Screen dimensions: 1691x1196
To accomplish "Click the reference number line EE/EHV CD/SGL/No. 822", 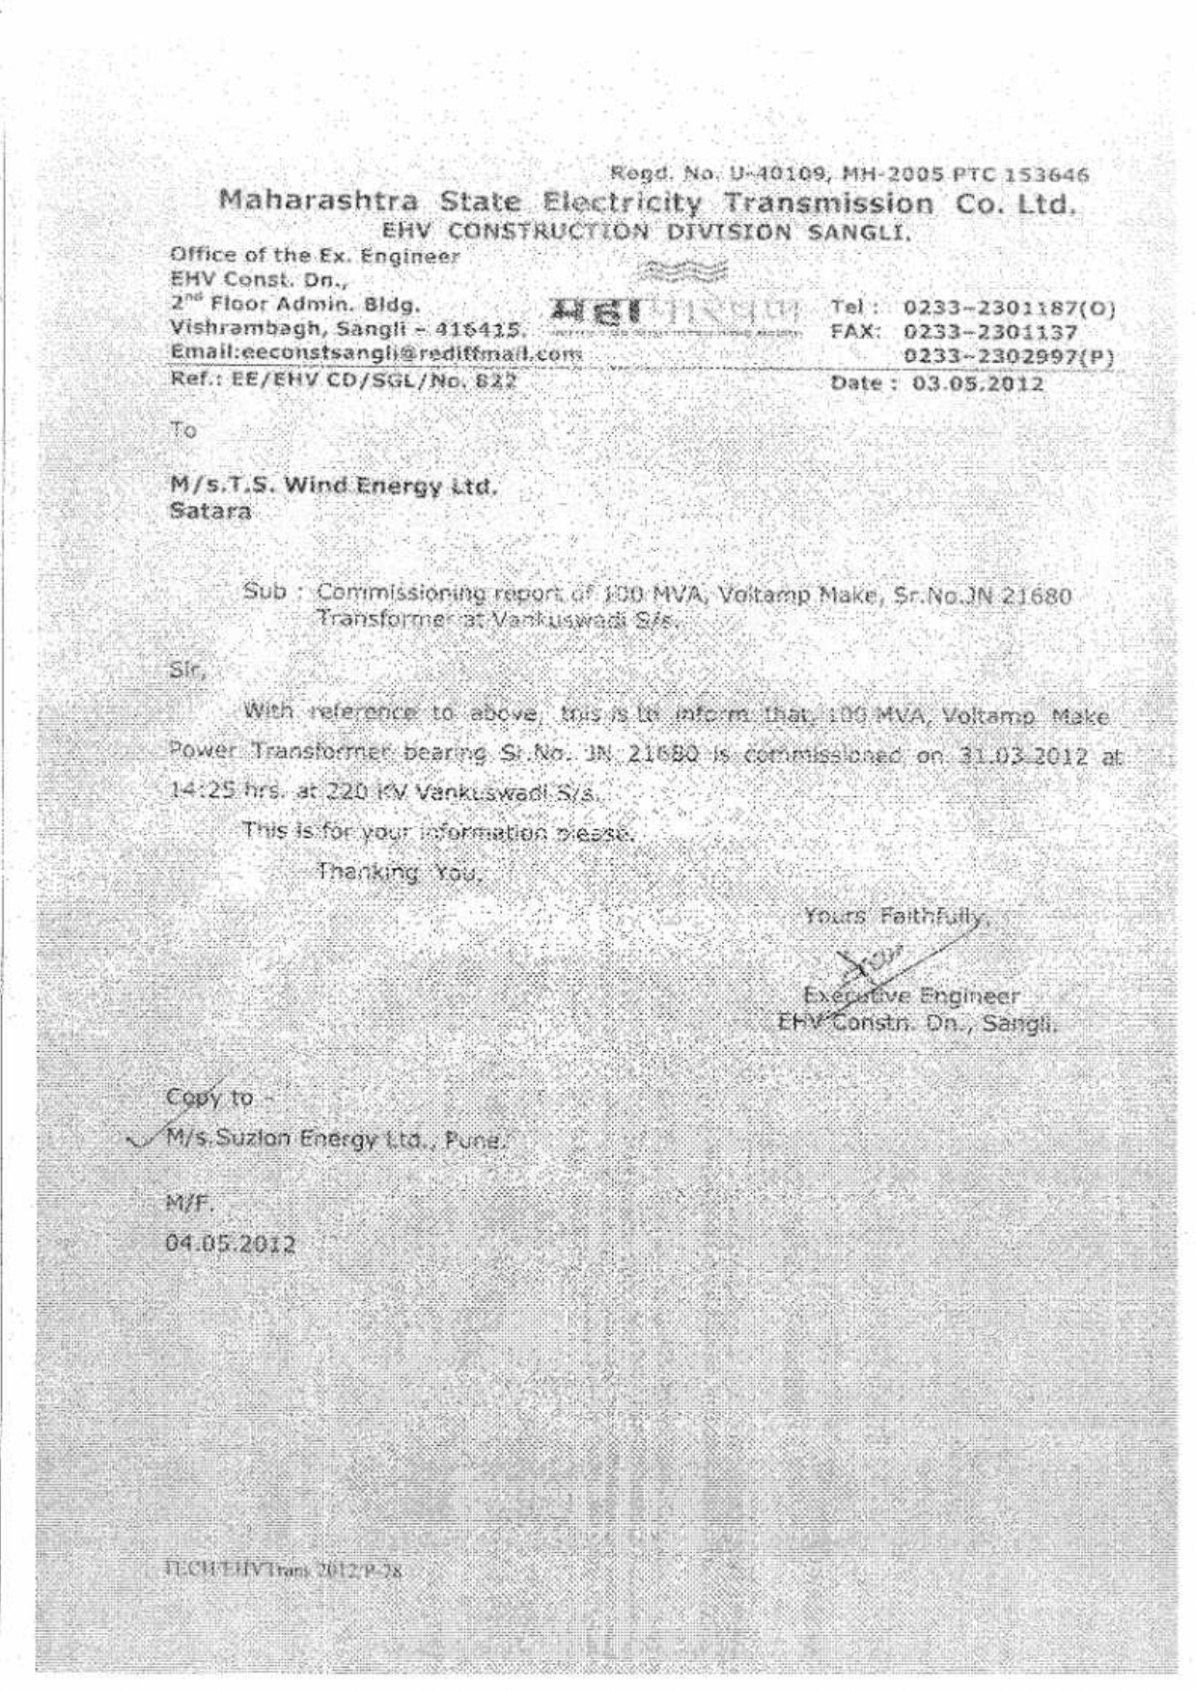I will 344,380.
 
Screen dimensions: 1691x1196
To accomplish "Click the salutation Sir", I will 187,668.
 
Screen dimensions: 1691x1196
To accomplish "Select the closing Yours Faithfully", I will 897,916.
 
